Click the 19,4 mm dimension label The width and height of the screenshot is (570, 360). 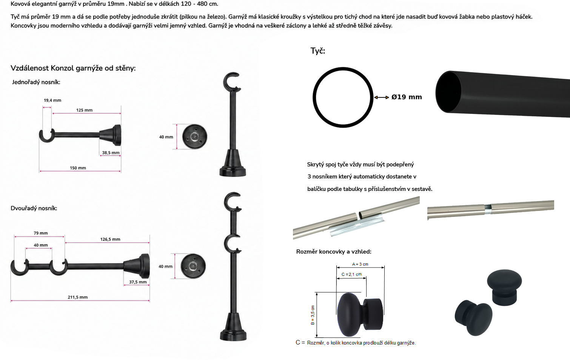coord(52,100)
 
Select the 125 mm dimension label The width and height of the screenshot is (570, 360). coord(84,110)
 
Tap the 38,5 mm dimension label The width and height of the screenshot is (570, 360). coord(111,153)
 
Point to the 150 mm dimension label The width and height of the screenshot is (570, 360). coord(78,168)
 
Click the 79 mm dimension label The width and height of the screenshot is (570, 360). coord(41,233)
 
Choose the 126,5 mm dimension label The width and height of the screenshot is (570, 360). coord(110,239)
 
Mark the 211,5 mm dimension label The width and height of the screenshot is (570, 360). coord(78,297)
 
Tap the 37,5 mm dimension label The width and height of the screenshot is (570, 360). coord(138,282)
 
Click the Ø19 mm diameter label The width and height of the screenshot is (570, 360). coord(407,97)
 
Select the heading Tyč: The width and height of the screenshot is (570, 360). coord(317,51)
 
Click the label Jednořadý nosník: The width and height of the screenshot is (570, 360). coord(36,82)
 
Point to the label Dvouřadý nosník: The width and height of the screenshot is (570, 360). coord(34,208)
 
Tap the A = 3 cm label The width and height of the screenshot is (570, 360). coord(360,264)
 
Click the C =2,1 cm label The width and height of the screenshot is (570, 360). coord(351,274)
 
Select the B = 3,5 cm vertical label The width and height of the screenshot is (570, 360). coord(313,315)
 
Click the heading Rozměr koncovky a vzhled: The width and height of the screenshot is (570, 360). coord(334,252)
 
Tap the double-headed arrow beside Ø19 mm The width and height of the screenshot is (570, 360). coord(381,97)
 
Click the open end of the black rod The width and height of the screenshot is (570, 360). coord(448,92)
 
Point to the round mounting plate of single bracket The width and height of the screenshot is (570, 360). coord(195,137)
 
